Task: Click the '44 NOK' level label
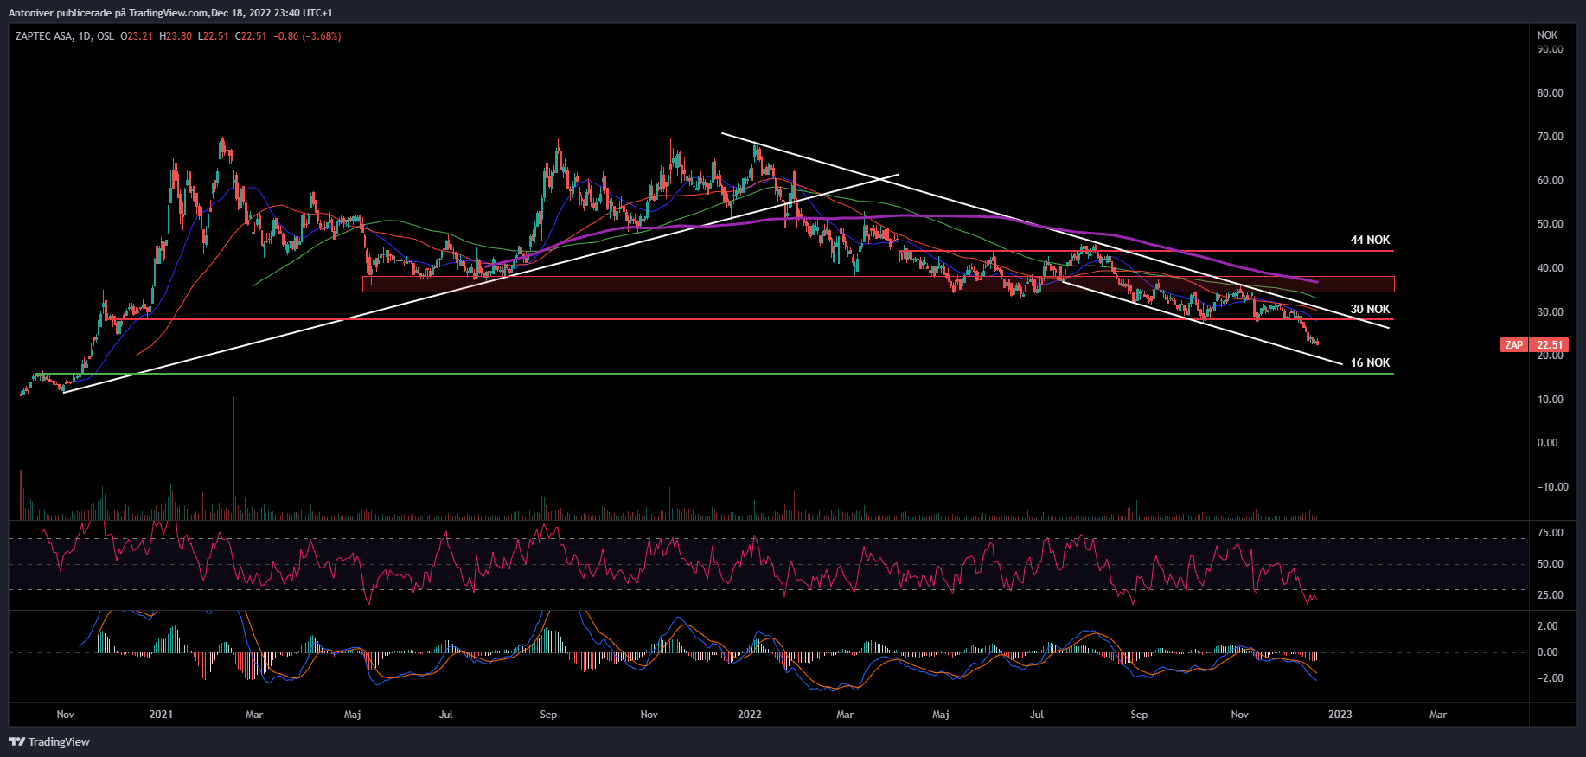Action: pos(1370,240)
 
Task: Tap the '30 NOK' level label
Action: pos(1370,309)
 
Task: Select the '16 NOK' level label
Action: pos(1370,362)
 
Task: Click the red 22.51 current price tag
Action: pos(1549,345)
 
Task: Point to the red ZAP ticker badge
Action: pos(1513,345)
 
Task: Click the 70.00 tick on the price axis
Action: pos(1550,137)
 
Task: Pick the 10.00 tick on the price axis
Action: pos(1550,400)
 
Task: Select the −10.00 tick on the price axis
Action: pos(1552,487)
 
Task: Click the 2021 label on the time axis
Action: pos(161,715)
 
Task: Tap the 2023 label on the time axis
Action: pos(1340,715)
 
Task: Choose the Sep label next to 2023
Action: pos(1139,715)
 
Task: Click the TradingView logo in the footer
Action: pos(49,741)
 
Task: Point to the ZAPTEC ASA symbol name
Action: pos(44,36)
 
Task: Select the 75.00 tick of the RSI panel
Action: pos(1550,533)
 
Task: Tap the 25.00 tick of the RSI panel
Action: pos(1550,595)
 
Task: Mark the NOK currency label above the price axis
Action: pos(1547,35)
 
